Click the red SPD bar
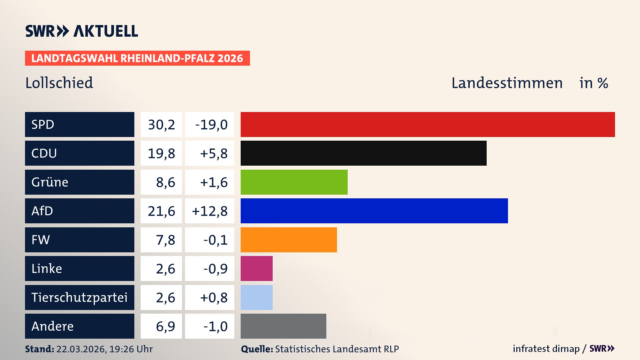428,124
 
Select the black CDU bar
363,153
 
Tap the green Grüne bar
294,182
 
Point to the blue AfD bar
374,211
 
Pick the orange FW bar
289,240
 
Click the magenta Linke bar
256,268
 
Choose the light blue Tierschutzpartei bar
256,297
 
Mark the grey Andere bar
283,326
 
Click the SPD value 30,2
161,125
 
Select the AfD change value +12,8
210,211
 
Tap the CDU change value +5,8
213,153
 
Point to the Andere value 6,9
165,326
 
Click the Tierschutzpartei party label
79,297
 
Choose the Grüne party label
50,182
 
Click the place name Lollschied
59,83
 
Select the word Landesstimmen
507,83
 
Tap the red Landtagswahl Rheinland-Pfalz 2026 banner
137,58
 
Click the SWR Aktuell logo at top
82,31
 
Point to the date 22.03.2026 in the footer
81,349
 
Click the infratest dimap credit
546,349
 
